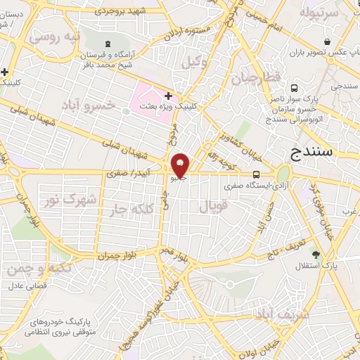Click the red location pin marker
coord(180,165)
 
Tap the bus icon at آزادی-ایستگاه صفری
coord(255,174)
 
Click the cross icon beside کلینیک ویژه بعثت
coord(168,95)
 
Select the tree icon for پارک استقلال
coord(315,254)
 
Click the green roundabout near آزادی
coord(283,173)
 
